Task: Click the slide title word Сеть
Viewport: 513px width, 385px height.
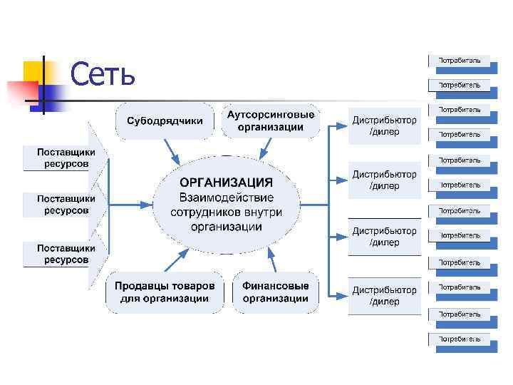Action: coord(103,73)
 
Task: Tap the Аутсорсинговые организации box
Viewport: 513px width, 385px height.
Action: coord(270,120)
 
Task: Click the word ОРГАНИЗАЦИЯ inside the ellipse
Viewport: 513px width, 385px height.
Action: coord(225,182)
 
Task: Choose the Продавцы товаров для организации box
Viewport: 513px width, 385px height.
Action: coord(164,292)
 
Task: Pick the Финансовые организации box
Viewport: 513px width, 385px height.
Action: coord(275,292)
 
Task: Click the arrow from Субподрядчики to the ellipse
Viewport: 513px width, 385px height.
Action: coord(172,150)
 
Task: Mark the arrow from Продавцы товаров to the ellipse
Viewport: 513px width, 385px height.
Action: coord(175,260)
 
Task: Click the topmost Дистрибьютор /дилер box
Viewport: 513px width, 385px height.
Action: coord(384,127)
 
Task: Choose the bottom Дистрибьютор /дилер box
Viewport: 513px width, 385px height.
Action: coord(384,296)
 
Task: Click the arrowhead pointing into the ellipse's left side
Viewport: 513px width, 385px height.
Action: coord(149,205)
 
